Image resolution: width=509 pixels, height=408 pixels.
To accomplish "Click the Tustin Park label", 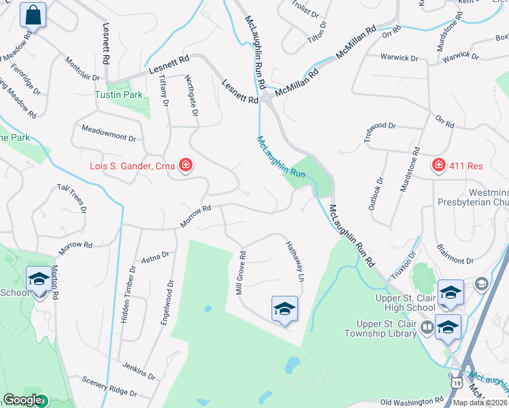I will pyautogui.click(x=119, y=95).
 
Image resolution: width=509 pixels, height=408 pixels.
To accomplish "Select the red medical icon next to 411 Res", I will pyautogui.click(x=439, y=165).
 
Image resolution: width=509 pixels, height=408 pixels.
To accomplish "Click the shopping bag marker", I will pyautogui.click(x=32, y=14).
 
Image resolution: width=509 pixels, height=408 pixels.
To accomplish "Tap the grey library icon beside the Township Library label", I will pyautogui.click(x=427, y=327).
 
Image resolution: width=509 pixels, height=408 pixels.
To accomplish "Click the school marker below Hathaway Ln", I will pyautogui.click(x=284, y=309).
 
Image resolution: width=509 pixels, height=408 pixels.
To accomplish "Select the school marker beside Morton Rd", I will pyautogui.click(x=39, y=279).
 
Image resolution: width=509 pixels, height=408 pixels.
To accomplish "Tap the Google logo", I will pyautogui.click(x=22, y=401).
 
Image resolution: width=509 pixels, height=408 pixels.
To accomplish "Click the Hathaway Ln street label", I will pyautogui.click(x=293, y=262).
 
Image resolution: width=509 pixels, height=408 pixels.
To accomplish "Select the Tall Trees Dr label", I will pyautogui.click(x=72, y=198).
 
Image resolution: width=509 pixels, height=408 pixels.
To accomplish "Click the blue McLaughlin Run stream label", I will pyautogui.click(x=281, y=158).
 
